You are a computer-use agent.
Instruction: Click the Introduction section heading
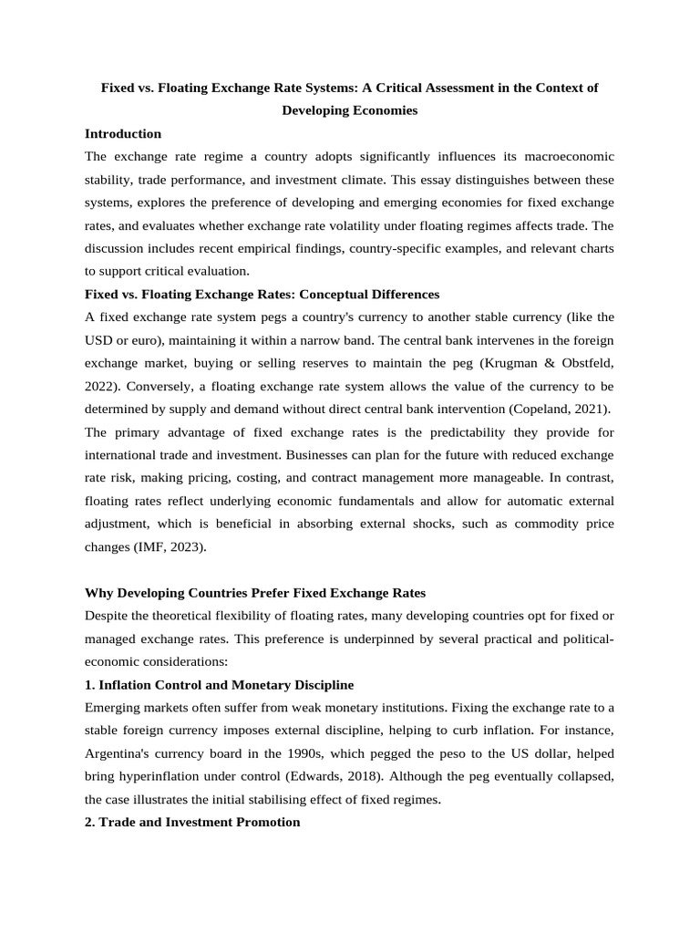[122, 133]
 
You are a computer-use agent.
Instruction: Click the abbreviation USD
[98, 340]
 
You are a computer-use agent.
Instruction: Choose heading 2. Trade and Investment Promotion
[191, 822]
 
